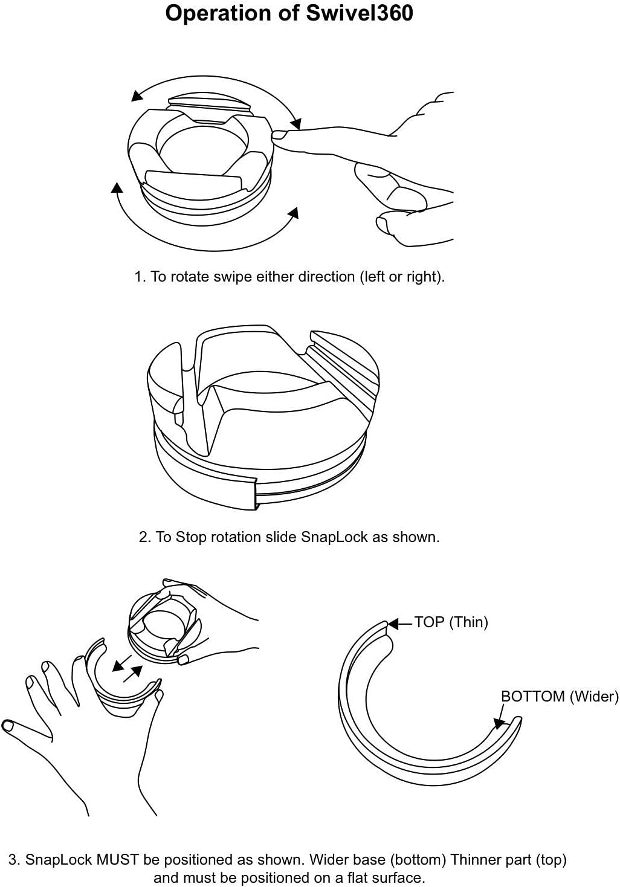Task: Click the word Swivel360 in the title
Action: [x=359, y=13]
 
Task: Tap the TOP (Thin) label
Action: [x=451, y=622]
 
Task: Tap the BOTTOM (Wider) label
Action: [x=560, y=696]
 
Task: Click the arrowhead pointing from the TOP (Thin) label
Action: [x=392, y=623]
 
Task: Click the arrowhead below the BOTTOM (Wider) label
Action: [x=499, y=723]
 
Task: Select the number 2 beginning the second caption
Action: [x=143, y=537]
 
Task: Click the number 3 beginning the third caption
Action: [x=13, y=859]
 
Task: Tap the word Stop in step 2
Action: [x=190, y=537]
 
